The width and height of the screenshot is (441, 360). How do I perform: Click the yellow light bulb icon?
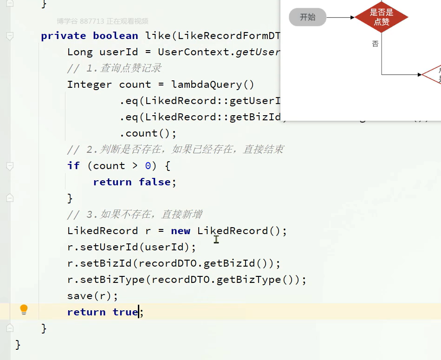point(24,310)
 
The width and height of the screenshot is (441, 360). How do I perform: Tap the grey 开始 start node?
point(307,18)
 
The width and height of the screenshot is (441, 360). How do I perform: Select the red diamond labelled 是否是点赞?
point(381,17)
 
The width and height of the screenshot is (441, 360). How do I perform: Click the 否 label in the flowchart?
point(375,44)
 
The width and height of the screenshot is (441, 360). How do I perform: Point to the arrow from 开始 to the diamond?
point(340,18)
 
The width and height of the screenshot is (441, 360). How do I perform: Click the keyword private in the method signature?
point(63,36)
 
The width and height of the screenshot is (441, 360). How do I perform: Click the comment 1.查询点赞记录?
point(114,68)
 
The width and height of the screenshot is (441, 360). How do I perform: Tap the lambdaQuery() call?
point(213,85)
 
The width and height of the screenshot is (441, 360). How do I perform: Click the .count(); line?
point(148,133)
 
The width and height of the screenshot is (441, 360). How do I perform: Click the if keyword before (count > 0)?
point(73,166)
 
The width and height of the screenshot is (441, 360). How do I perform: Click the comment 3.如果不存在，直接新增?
point(135,215)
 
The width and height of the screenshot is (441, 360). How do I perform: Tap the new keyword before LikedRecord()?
point(180,231)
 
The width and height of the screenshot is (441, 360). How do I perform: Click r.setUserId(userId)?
point(132,247)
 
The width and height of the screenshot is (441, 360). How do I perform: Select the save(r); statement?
point(93,296)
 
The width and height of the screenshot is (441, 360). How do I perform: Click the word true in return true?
point(125,312)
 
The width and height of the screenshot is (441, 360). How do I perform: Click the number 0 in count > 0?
point(148,166)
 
